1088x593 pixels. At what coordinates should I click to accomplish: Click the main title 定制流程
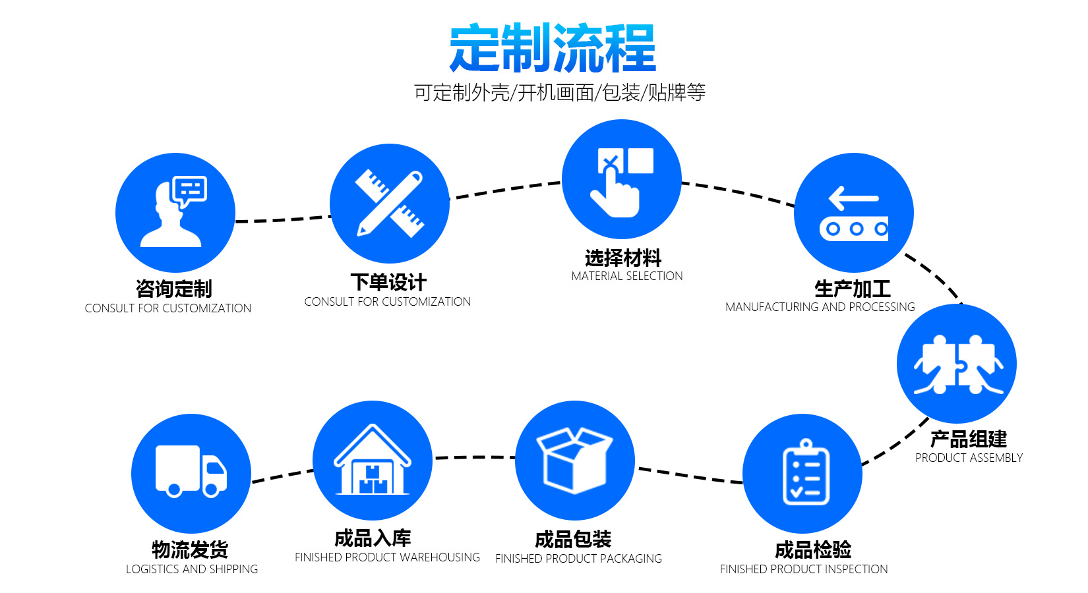pyautogui.click(x=553, y=48)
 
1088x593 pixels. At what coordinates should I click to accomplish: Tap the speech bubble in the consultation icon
pyautogui.click(x=190, y=190)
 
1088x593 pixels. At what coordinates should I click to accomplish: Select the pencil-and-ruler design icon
pyautogui.click(x=390, y=204)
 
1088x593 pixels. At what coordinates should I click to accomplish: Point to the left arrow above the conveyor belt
pyautogui.click(x=854, y=198)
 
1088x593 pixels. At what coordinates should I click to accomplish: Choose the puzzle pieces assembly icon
pyautogui.click(x=957, y=364)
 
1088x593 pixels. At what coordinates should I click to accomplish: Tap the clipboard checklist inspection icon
pyautogui.click(x=806, y=473)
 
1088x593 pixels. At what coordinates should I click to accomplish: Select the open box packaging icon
pyautogui.click(x=574, y=460)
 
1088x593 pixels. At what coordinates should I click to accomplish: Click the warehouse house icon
pyautogui.click(x=373, y=461)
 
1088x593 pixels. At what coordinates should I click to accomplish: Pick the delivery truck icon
pyautogui.click(x=191, y=471)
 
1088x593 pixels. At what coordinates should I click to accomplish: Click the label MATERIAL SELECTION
pyautogui.click(x=627, y=276)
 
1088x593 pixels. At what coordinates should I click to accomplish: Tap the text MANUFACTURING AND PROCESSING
pyautogui.click(x=820, y=307)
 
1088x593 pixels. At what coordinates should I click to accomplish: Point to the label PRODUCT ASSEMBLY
pyautogui.click(x=969, y=458)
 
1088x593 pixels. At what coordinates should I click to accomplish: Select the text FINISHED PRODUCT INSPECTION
pyautogui.click(x=804, y=569)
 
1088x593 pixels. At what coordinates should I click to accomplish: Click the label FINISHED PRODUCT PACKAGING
pyautogui.click(x=578, y=559)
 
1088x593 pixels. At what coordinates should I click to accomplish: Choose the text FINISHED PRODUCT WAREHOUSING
pyautogui.click(x=387, y=557)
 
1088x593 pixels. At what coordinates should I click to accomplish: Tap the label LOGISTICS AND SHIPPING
pyautogui.click(x=192, y=569)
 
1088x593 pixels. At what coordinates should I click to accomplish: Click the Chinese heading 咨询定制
pyautogui.click(x=173, y=289)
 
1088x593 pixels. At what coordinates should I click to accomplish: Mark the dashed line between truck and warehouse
pyautogui.click(x=283, y=476)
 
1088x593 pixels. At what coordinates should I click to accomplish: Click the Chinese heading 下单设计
pyautogui.click(x=388, y=282)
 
